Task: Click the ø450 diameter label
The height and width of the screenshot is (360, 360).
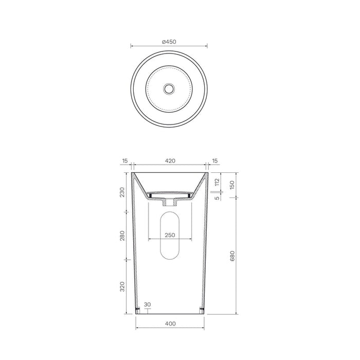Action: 170,42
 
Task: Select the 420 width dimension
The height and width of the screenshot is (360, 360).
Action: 170,161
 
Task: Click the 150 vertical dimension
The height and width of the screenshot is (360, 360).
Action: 232,185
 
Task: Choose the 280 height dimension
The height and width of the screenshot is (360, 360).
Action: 122,235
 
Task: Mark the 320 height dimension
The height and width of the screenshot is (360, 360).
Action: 122,286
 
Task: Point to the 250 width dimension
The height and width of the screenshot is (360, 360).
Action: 170,235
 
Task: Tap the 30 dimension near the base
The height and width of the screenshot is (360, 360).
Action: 148,305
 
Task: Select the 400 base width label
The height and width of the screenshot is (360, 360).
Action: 170,324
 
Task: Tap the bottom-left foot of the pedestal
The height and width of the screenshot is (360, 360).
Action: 137,310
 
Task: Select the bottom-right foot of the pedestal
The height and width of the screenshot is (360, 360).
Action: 202,310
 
